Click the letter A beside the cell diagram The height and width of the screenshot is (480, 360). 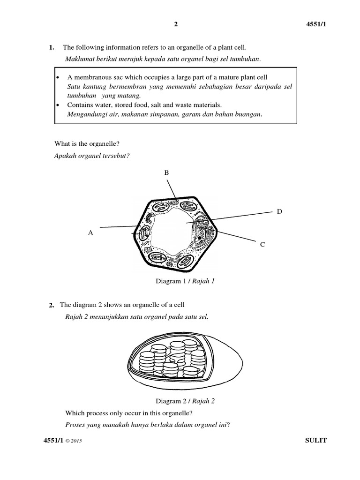coord(91,232)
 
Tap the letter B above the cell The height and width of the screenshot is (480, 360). coord(166,173)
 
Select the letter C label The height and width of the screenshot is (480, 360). coord(262,244)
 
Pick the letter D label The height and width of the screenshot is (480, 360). coord(279,212)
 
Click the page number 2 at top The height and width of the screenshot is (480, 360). coord(176,25)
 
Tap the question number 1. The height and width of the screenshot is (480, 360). coord(52,47)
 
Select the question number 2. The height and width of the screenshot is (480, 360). coord(52,305)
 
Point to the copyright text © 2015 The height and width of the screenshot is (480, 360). coord(75,441)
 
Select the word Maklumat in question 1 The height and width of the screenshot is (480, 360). coord(80,58)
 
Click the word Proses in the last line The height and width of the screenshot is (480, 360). coord(78,425)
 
